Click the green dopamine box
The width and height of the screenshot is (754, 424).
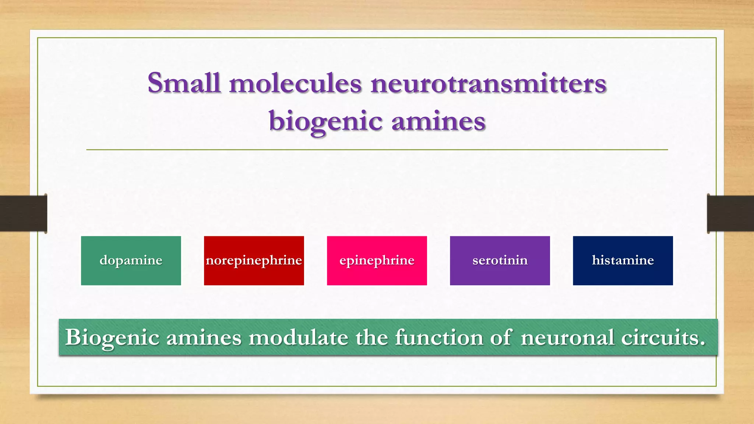[x=131, y=261]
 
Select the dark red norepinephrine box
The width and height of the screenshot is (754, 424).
[x=254, y=261]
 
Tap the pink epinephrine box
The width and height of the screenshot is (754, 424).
[x=377, y=261]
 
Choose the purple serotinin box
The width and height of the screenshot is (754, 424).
[x=500, y=261]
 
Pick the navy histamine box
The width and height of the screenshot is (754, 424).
[x=623, y=261]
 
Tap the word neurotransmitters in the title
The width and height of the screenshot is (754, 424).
[x=488, y=83]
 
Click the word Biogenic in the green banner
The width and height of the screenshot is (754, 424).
[x=112, y=338]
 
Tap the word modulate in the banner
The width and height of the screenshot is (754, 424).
[x=298, y=337]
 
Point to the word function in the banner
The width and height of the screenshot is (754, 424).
[x=439, y=337]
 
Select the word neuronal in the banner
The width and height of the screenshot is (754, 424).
[x=567, y=337]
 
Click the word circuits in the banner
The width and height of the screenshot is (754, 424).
[x=663, y=337]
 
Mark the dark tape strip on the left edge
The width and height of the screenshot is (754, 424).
[x=23, y=213]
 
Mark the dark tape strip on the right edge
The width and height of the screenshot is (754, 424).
[x=730, y=213]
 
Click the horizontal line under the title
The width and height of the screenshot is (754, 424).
[x=377, y=150]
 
